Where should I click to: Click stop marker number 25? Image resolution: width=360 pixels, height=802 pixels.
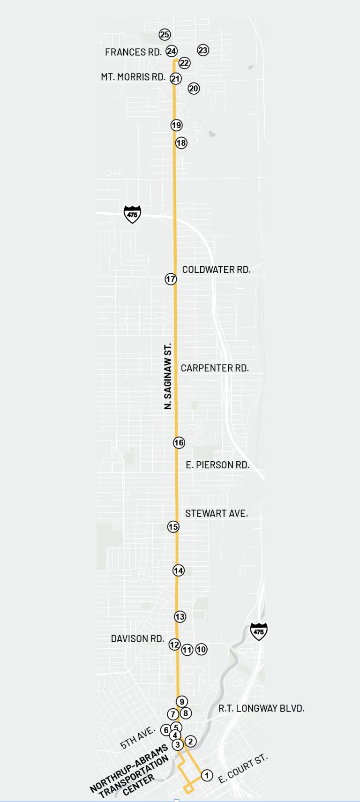165,34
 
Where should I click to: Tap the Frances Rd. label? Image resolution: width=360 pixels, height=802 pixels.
133,52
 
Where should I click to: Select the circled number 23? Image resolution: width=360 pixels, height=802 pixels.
203,50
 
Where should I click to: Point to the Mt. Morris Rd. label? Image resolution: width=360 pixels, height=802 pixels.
133,77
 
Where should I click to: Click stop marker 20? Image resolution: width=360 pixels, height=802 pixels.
194,88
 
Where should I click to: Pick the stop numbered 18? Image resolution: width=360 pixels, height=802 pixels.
181,142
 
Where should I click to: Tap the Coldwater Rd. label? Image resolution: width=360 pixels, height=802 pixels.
216,270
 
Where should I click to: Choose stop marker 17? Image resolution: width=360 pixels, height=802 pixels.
171,279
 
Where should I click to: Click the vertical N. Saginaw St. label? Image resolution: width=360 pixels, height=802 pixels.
168,376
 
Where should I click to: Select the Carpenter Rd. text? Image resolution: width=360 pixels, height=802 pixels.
215,368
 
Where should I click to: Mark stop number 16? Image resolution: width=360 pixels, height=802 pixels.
179,442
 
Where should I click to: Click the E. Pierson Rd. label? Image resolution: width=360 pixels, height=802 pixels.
217,465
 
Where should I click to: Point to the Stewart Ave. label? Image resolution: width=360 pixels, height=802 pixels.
217,514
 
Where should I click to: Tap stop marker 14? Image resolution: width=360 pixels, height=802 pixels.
179,570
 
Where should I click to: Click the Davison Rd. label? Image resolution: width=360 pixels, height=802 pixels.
137,639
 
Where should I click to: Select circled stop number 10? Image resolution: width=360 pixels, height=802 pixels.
201,649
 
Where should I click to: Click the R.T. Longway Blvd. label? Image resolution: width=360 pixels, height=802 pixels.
262,708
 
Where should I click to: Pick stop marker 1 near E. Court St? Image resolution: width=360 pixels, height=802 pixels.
207,776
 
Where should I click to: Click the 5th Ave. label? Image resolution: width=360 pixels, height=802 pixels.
137,738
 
